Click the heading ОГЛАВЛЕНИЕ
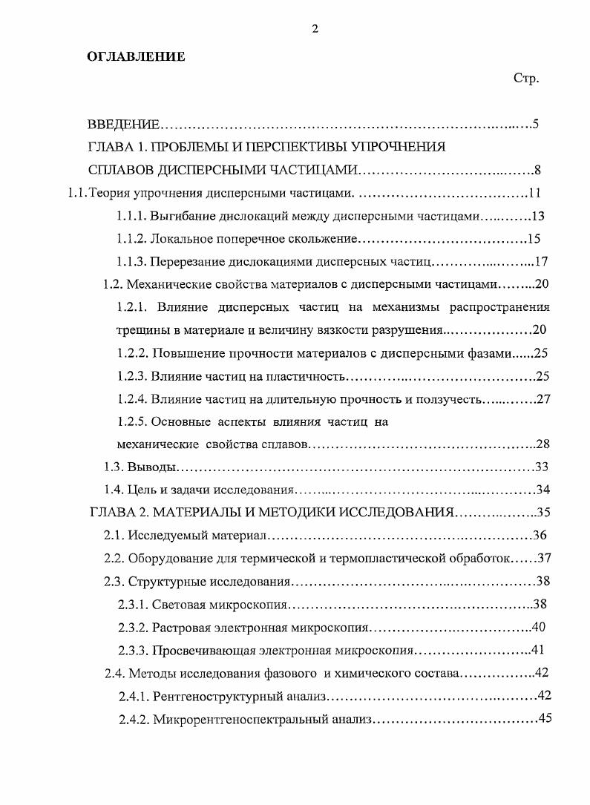tap(136, 56)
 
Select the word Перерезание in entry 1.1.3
tap(183, 261)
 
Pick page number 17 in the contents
tap(540, 261)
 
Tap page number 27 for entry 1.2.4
tap(543, 398)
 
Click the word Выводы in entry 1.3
tap(151, 467)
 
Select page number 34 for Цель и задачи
tap(542, 490)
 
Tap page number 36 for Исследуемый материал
tap(540, 535)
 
